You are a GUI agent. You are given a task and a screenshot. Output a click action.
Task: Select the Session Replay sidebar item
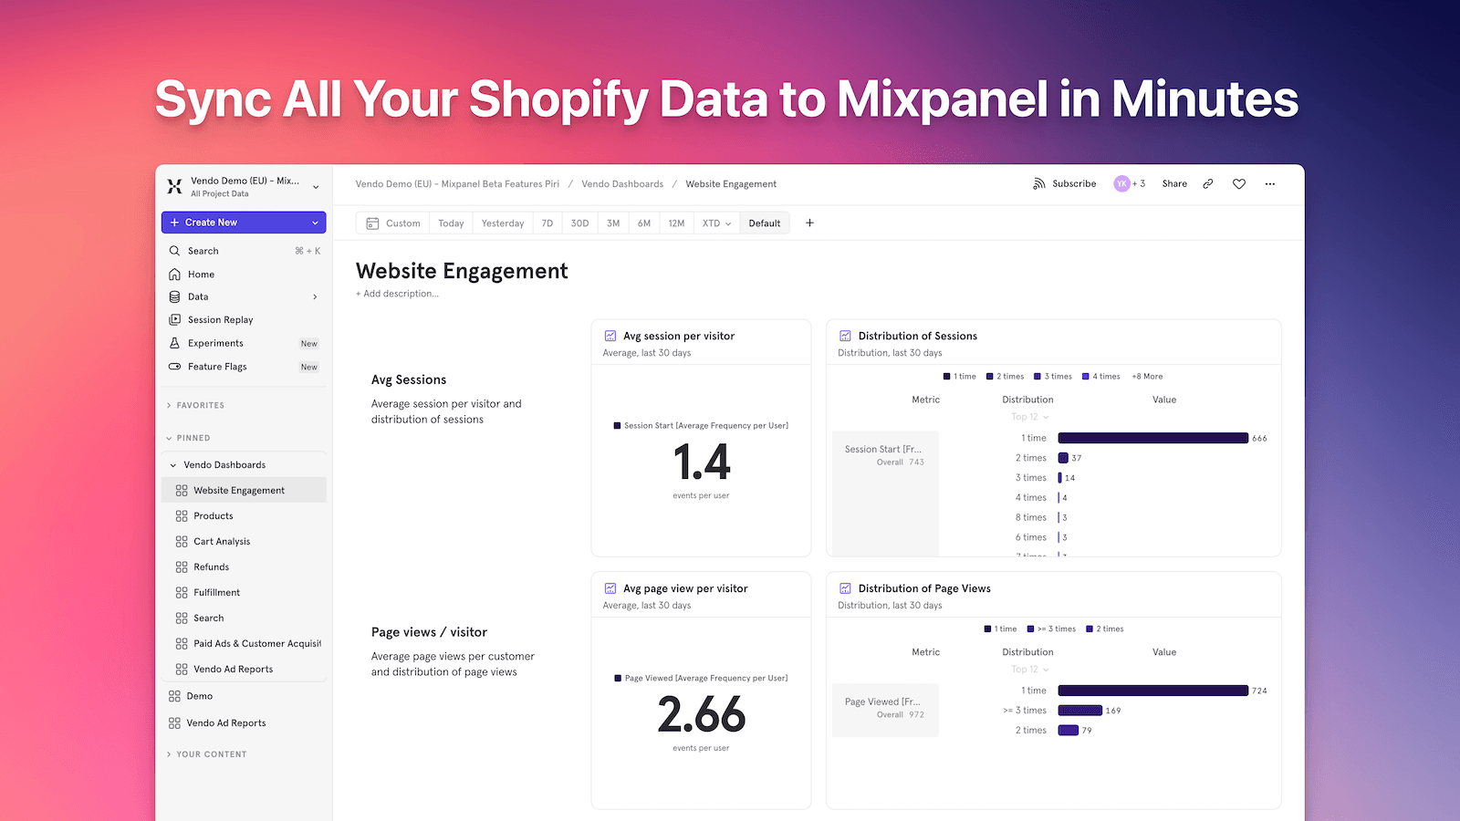point(220,320)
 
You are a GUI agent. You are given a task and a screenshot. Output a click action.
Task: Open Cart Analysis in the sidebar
point(222,542)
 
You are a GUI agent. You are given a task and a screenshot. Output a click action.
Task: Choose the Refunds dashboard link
point(211,567)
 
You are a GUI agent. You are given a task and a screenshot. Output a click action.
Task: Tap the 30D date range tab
point(579,223)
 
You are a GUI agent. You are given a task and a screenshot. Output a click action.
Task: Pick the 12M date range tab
point(676,223)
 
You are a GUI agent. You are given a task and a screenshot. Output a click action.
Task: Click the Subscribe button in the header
point(1065,184)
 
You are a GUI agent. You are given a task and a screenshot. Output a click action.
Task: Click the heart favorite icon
point(1238,184)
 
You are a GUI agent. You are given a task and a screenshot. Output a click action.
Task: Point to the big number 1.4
point(702,462)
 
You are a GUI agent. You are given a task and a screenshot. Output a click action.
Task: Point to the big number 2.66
point(702,714)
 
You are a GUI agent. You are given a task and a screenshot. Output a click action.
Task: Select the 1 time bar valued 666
point(1152,439)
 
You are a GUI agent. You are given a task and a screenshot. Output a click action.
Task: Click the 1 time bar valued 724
point(1152,691)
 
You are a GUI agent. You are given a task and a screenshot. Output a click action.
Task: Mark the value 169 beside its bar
point(1113,711)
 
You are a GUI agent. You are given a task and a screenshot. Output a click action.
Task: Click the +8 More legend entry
point(1147,377)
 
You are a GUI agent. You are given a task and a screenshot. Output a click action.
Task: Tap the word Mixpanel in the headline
point(943,99)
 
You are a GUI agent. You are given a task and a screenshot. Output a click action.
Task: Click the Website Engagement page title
point(462,271)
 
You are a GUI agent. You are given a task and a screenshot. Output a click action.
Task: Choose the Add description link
point(397,294)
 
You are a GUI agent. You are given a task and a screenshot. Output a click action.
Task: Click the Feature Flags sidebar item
point(217,367)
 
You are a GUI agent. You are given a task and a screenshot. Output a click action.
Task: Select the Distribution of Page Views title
point(923,589)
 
